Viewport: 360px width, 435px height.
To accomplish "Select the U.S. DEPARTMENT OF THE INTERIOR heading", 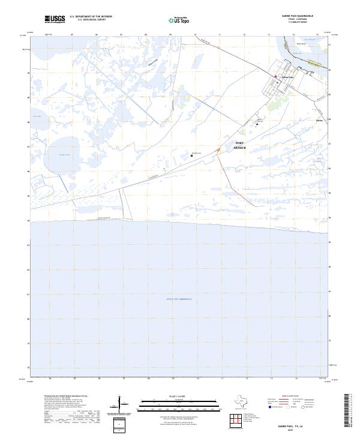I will point(91,17).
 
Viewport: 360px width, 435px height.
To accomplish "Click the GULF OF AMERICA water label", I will point(179,299).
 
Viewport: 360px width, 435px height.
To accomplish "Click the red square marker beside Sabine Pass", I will point(275,76).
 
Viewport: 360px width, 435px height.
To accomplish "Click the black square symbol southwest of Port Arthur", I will point(192,155).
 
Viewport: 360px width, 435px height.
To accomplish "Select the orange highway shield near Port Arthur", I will point(211,150).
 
